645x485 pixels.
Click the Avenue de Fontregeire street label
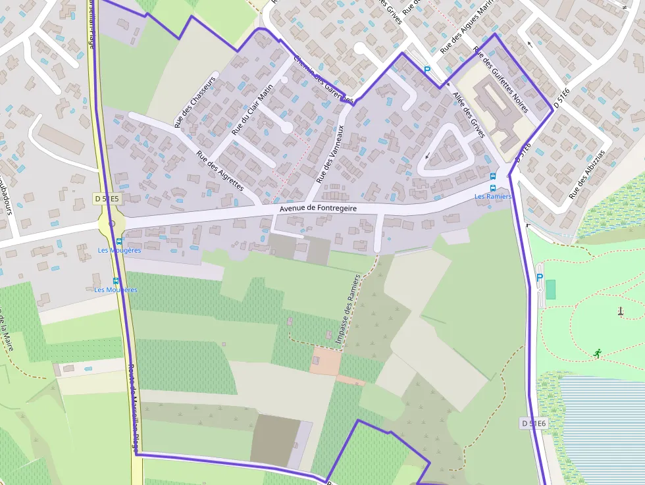tap(318, 208)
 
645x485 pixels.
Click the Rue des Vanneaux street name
tap(330, 154)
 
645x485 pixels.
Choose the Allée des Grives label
tap(469, 115)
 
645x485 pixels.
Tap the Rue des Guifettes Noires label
tap(501, 74)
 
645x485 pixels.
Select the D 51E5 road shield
tap(106, 199)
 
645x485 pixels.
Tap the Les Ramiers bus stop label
tap(493, 196)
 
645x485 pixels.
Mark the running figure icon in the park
tap(597, 353)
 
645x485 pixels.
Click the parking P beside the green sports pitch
tap(539, 278)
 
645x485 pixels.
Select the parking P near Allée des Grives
tap(426, 70)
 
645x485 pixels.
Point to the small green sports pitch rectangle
tap(550, 289)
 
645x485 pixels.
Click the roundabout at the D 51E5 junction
tap(111, 224)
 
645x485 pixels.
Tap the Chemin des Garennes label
tap(322, 78)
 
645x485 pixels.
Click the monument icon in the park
tap(620, 311)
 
